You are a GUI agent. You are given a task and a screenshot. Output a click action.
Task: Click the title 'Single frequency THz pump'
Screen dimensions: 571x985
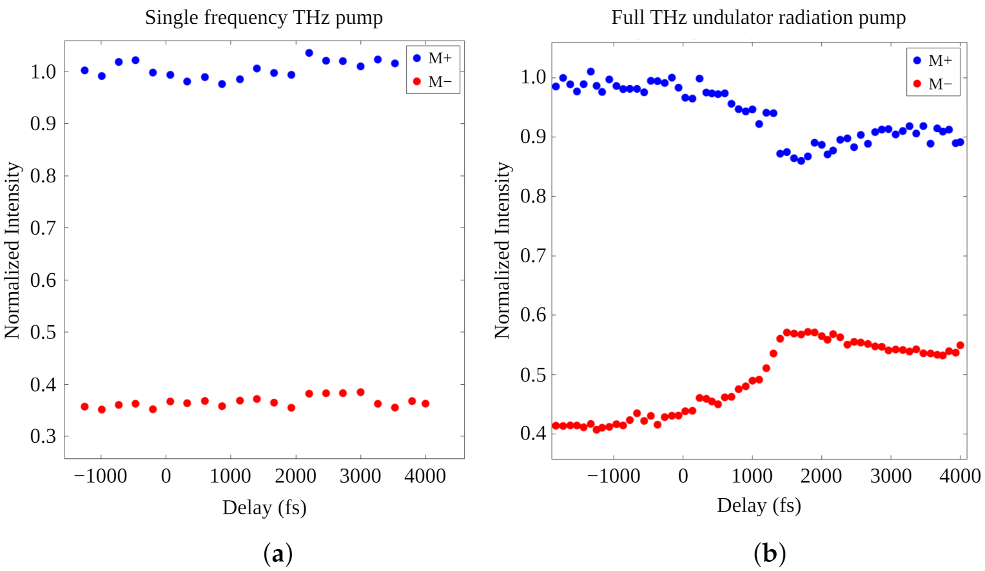click(264, 17)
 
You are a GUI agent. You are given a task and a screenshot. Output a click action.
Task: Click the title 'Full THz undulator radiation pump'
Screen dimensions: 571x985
click(758, 17)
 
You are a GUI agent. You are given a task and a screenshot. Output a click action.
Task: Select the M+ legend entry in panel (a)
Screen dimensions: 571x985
click(433, 59)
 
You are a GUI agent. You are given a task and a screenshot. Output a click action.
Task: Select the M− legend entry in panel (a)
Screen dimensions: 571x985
click(433, 82)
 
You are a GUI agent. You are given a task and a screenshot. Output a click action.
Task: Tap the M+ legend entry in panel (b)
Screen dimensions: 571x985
click(933, 61)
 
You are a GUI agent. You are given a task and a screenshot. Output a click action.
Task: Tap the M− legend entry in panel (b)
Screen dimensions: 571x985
click(933, 84)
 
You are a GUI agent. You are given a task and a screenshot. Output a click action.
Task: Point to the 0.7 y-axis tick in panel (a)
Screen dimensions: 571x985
click(43, 228)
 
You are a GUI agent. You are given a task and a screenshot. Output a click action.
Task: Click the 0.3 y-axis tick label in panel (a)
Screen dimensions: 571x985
click(43, 436)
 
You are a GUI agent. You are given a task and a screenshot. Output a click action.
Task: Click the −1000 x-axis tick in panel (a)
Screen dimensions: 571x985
click(101, 476)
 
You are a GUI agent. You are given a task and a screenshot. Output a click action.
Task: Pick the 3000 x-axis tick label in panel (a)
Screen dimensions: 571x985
click(360, 476)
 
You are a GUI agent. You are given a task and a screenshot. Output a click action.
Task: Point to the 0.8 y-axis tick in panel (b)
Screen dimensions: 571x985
click(533, 197)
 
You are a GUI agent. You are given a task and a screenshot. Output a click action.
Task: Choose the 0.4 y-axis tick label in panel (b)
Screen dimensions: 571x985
click(533, 433)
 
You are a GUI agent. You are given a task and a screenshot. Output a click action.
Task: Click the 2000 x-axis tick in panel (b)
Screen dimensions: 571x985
click(821, 476)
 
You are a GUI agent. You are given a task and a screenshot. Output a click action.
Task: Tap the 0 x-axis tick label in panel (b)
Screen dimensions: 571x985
click(683, 476)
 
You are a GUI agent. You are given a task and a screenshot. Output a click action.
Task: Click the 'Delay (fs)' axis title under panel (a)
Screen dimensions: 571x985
click(264, 508)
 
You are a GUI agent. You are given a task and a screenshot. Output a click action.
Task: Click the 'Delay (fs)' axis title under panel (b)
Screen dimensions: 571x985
click(759, 505)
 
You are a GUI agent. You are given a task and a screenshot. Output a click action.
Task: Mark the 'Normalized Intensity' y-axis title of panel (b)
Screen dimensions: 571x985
click(502, 250)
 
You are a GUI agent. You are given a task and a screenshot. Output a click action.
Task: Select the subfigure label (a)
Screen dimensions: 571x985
click(278, 554)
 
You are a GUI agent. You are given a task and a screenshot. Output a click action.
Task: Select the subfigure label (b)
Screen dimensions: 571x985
click(769, 554)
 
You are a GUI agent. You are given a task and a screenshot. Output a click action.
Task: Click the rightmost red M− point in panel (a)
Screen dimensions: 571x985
click(425, 403)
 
